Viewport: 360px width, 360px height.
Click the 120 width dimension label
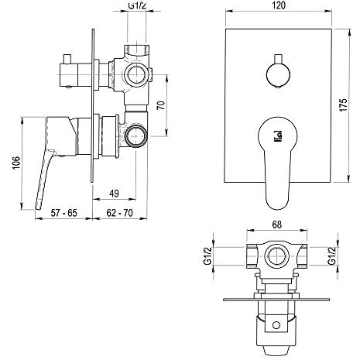pos(279,5)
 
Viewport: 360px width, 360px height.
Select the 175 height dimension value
pos(344,105)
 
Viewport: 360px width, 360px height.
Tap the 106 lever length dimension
pos(16,163)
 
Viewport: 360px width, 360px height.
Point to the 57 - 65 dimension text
pos(63,213)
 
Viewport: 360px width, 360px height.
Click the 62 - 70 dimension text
pos(119,213)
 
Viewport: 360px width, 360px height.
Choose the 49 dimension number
pos(114,194)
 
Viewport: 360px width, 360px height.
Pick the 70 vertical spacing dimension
pos(161,105)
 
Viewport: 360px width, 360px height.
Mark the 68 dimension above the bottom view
pos(276,225)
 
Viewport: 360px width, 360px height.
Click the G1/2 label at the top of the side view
pos(137,5)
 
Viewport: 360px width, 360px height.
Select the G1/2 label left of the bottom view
pos(207,255)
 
